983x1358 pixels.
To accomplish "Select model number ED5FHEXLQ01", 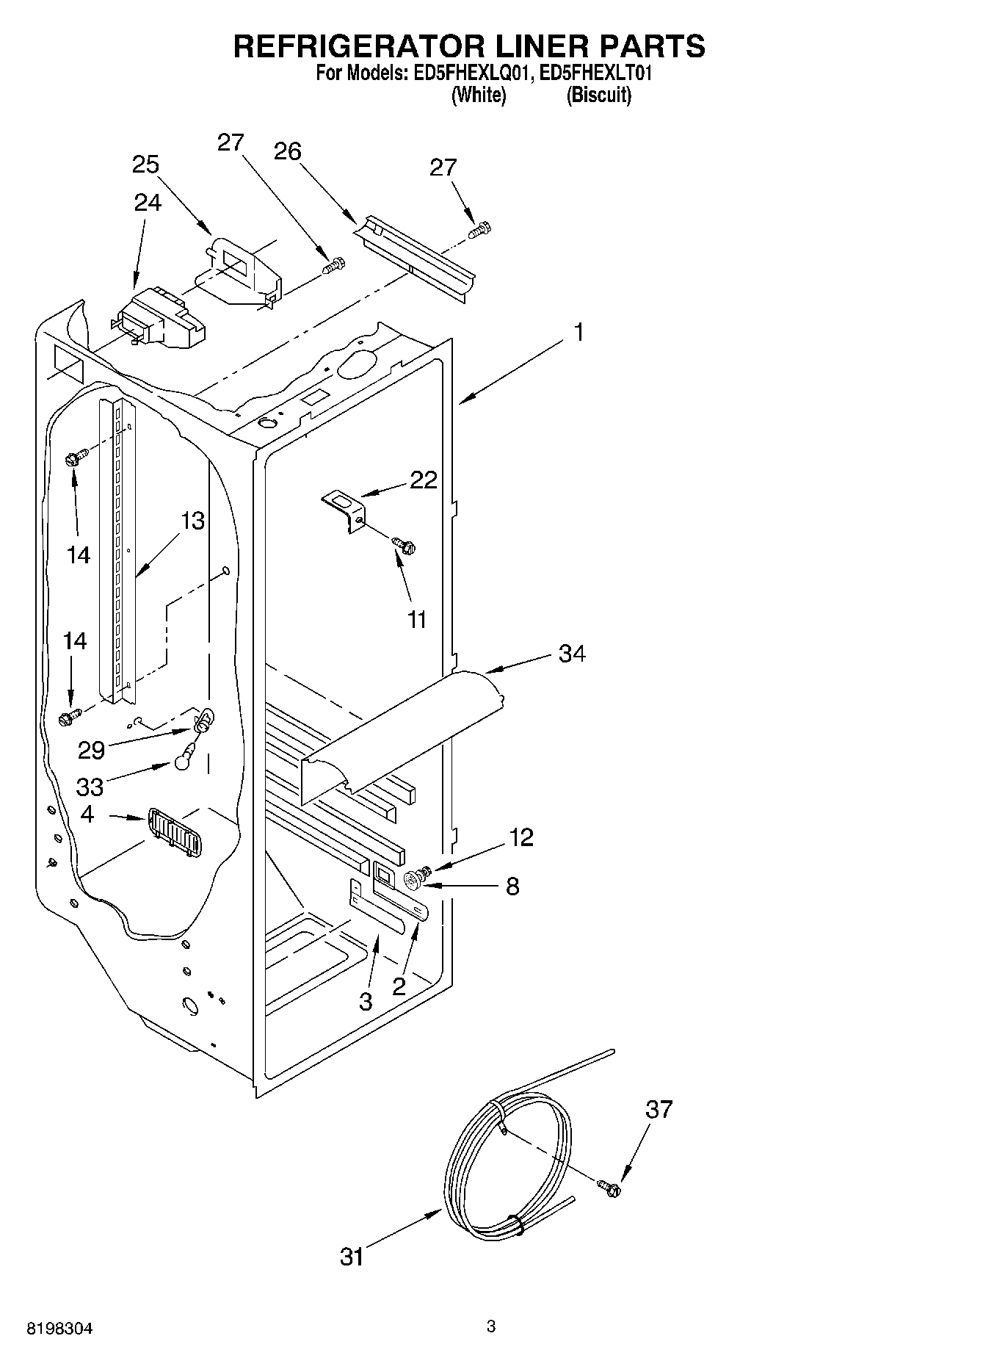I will click(464, 73).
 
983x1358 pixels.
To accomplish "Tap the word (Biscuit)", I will click(598, 95).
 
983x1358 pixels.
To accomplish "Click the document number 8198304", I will click(60, 1328).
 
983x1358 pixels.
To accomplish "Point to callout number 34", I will click(572, 653).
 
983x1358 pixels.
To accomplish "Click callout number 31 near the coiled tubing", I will click(352, 1257).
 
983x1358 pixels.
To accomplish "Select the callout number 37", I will click(659, 1108).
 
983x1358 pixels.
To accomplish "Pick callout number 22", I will click(423, 480).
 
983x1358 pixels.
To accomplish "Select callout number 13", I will click(193, 521).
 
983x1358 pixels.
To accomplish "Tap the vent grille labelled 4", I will click(173, 831).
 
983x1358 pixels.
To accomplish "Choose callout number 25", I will click(145, 165).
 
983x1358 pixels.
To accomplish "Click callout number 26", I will click(287, 151).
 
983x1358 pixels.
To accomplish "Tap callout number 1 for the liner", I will click(578, 333).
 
